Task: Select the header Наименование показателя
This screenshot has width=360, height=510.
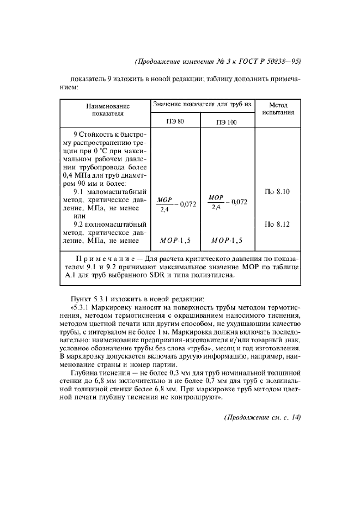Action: click(x=107, y=109)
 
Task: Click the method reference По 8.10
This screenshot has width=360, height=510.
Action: click(x=278, y=191)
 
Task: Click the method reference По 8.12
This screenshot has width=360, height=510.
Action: click(x=278, y=223)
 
